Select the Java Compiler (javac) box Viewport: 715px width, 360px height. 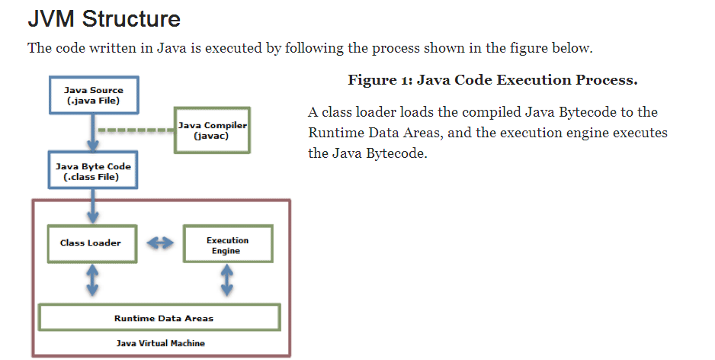coord(211,130)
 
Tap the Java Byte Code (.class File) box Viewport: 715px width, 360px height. coord(93,172)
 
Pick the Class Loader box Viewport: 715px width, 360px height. coord(91,243)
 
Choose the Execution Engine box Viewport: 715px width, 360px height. coord(227,245)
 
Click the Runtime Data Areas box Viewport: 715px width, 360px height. coord(159,317)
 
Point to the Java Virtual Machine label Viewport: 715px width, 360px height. coord(160,343)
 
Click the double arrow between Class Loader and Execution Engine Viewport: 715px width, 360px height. coord(159,243)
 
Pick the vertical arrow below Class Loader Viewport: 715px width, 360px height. coord(93,280)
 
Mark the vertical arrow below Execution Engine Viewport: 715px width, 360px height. coord(227,280)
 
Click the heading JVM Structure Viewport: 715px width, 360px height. coord(104,18)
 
